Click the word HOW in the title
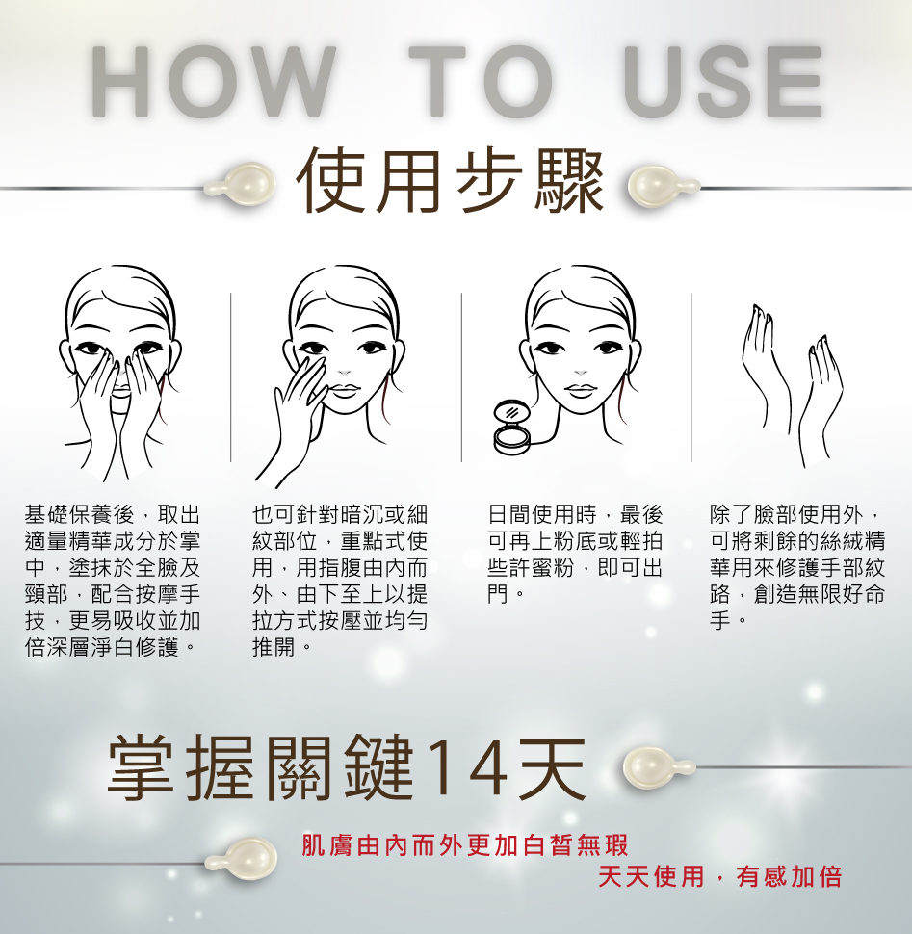click(x=213, y=81)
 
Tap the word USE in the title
click(x=723, y=81)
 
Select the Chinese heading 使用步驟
click(x=451, y=181)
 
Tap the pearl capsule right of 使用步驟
click(x=663, y=186)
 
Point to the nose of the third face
click(x=580, y=373)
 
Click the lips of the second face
click(x=345, y=391)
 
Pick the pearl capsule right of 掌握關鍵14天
click(x=658, y=766)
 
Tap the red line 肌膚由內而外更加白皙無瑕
click(x=465, y=845)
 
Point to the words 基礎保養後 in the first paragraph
click(x=80, y=514)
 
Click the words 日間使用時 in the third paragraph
click(x=542, y=514)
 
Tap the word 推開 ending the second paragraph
click(x=274, y=647)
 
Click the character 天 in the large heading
click(x=552, y=767)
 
